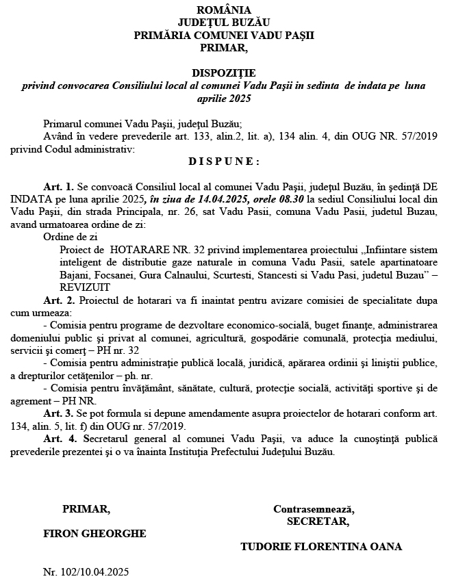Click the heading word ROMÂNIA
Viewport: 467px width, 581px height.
(224, 10)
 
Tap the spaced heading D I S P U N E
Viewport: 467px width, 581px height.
(224, 162)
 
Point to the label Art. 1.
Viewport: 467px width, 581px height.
(58, 186)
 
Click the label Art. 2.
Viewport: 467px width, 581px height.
(58, 301)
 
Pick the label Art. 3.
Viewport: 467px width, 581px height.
(58, 415)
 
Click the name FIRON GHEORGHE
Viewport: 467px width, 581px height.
(94, 533)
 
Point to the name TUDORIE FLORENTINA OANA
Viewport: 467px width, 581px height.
(321, 547)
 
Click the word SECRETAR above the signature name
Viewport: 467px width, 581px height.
(317, 521)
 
